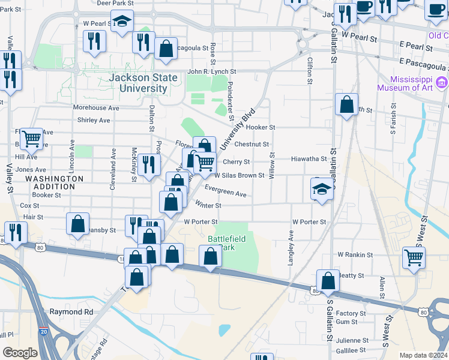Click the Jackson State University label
tap(143, 83)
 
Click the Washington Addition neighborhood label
tap(55, 182)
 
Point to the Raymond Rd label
tap(71, 312)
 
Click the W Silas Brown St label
tap(239, 175)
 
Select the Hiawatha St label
tap(309, 159)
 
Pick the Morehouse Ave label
tap(96, 108)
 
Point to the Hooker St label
tap(260, 127)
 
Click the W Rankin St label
tap(355, 255)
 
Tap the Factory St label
tap(351, 313)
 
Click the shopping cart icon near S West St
tap(414, 257)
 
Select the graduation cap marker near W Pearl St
tap(122, 22)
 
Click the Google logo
tap(20, 353)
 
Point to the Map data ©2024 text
tap(423, 355)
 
